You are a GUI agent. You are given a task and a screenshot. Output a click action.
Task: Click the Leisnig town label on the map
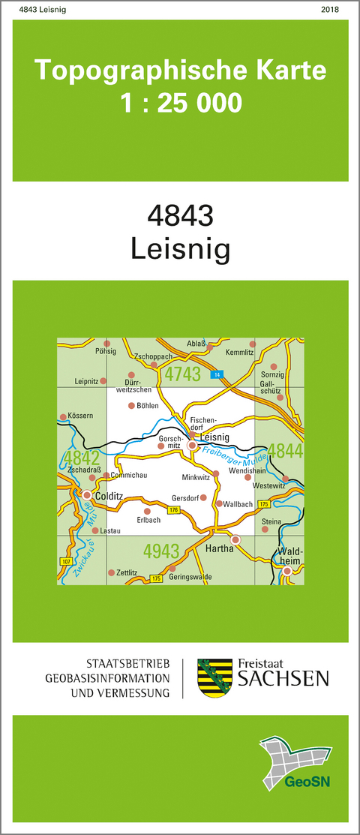pyautogui.click(x=215, y=437)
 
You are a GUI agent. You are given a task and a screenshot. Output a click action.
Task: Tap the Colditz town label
pyautogui.click(x=111, y=495)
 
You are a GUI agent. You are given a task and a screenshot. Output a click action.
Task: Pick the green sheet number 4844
pyautogui.click(x=286, y=451)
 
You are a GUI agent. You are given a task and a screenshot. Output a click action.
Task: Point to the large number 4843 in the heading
pyautogui.click(x=180, y=215)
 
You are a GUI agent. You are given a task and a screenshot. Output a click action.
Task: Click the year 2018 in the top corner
pyautogui.click(x=328, y=9)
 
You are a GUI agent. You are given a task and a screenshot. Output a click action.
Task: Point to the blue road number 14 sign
pyautogui.click(x=215, y=374)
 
